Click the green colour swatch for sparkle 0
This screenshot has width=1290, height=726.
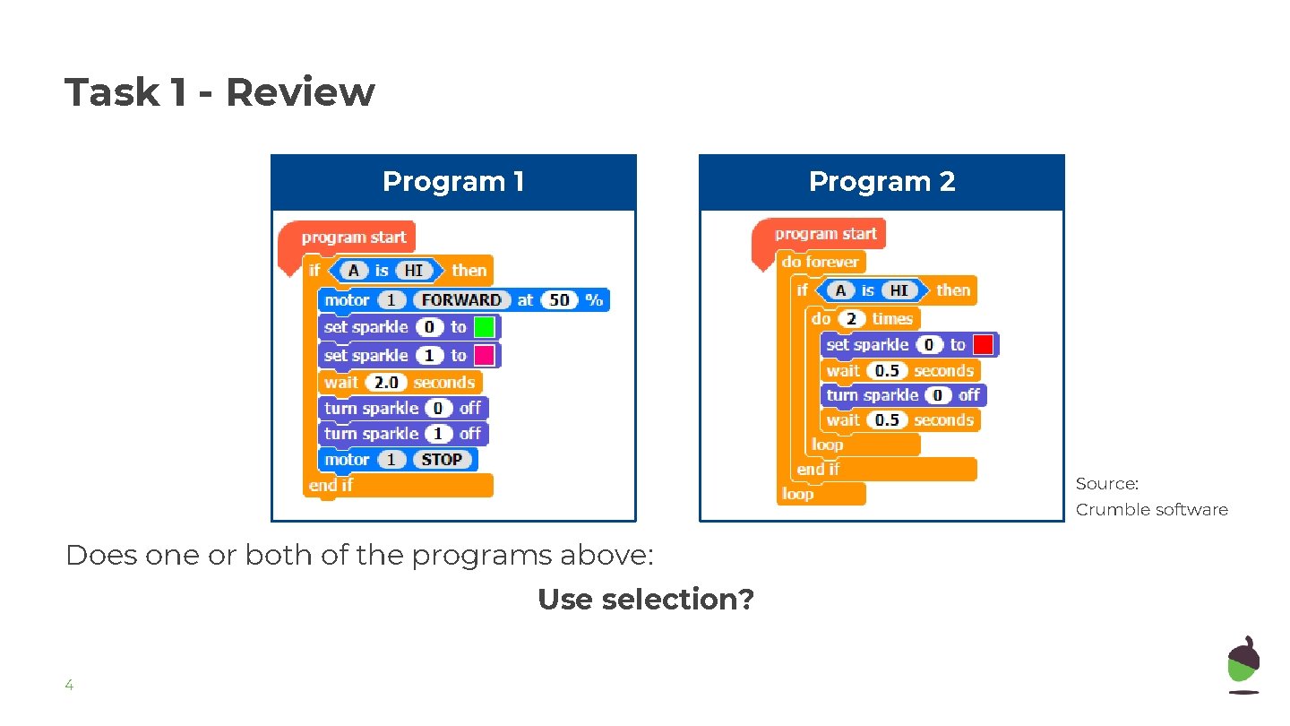[x=485, y=327]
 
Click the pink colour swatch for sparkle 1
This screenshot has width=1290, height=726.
[x=485, y=356]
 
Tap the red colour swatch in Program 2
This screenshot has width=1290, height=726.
[x=984, y=345]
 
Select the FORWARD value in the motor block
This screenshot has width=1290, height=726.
[x=461, y=300]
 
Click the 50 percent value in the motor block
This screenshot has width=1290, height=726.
[x=559, y=300]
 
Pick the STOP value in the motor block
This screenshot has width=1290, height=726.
[x=442, y=460]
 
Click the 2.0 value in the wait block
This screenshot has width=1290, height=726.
[x=386, y=383]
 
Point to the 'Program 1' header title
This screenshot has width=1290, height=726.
[x=453, y=182]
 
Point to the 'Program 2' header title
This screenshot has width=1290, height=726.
[x=881, y=182]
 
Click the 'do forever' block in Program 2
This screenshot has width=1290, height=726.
[x=820, y=262]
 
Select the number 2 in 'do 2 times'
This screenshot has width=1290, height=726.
[x=851, y=319]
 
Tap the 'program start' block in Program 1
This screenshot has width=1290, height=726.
[x=353, y=238]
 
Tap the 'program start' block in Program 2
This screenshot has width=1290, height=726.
[x=825, y=234]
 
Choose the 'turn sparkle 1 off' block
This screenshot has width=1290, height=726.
[x=403, y=434]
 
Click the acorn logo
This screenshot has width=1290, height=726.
[x=1243, y=664]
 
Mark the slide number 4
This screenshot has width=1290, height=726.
[x=68, y=686]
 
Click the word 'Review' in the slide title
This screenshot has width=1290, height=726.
[x=299, y=92]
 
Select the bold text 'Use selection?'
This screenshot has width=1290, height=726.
[x=645, y=599]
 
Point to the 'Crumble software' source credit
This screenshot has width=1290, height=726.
[x=1151, y=510]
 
